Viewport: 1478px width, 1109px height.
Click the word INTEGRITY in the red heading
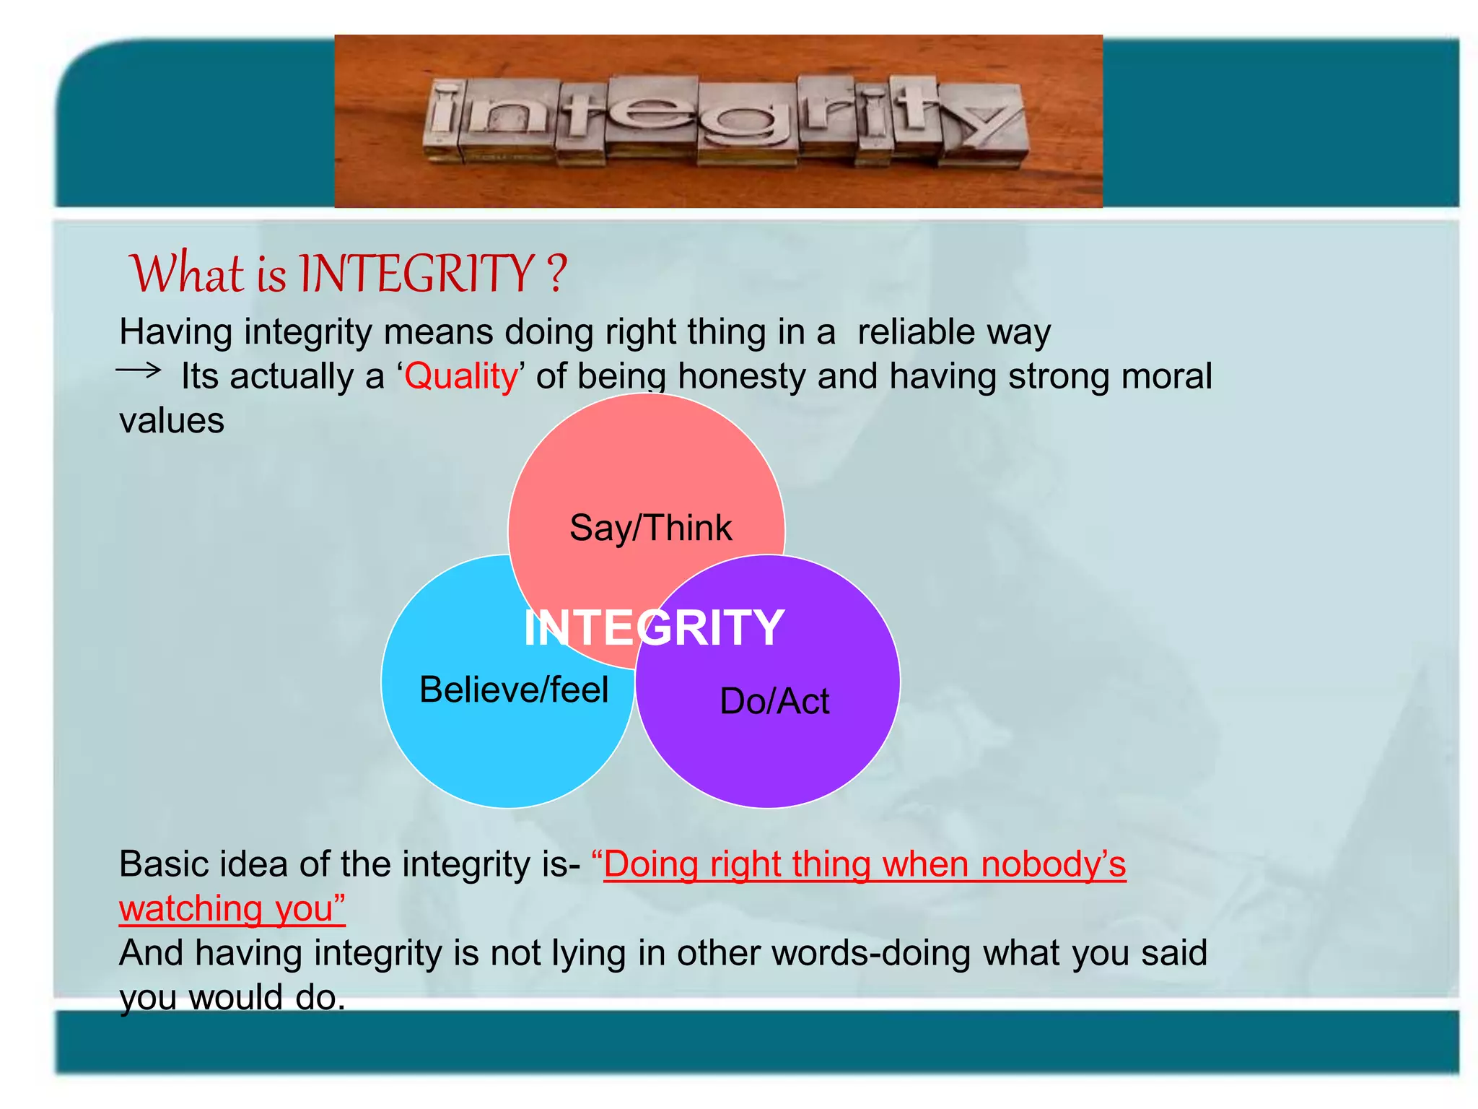pyautogui.click(x=416, y=274)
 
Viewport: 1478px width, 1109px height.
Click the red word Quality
pyautogui.click(x=460, y=376)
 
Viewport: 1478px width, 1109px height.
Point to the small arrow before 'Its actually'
pyautogui.click(x=139, y=371)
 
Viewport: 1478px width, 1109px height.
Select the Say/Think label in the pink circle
pyautogui.click(x=650, y=528)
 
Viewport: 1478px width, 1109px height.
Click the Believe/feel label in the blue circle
pyautogui.click(x=514, y=690)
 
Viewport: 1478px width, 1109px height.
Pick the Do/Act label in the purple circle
pyautogui.click(x=774, y=701)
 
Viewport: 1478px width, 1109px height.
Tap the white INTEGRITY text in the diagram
pyautogui.click(x=654, y=627)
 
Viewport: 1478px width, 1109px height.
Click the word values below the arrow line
pyautogui.click(x=172, y=421)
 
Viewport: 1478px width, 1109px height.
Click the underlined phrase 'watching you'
pyautogui.click(x=231, y=908)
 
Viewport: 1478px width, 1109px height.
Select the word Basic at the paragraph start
pyautogui.click(x=166, y=864)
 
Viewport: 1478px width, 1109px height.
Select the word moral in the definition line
pyautogui.click(x=1167, y=376)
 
